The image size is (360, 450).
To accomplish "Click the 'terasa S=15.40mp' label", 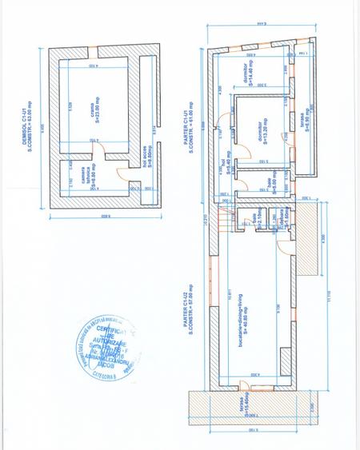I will (245, 407).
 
